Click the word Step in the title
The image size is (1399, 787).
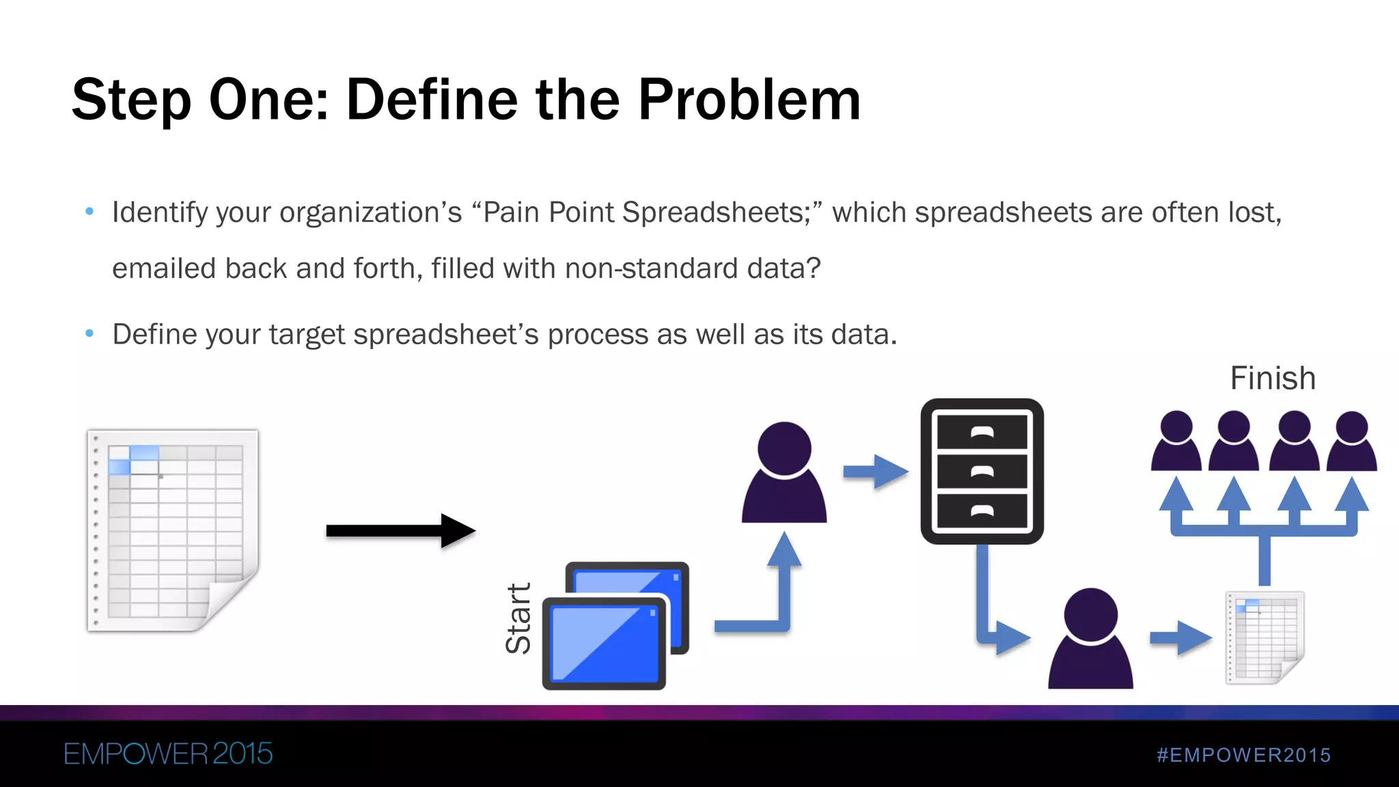[x=130, y=100]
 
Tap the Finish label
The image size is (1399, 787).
[x=1272, y=378]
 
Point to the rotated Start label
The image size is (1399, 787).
[x=518, y=618]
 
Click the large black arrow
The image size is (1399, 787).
[x=400, y=531]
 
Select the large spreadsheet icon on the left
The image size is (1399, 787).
[x=173, y=531]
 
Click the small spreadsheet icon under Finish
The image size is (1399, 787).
[x=1265, y=637]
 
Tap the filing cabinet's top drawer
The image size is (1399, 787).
[x=982, y=432]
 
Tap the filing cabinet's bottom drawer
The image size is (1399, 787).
[x=982, y=511]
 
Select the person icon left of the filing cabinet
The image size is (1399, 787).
[x=784, y=473]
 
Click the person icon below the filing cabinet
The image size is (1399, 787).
[x=1090, y=639]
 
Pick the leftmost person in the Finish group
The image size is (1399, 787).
[x=1176, y=441]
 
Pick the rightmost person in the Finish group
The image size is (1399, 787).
[x=1351, y=441]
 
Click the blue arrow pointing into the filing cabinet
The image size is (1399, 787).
[x=876, y=471]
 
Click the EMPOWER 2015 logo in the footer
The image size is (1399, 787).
[x=168, y=754]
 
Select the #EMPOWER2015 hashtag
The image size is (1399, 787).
[x=1243, y=755]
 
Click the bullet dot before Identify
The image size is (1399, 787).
[x=89, y=212]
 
